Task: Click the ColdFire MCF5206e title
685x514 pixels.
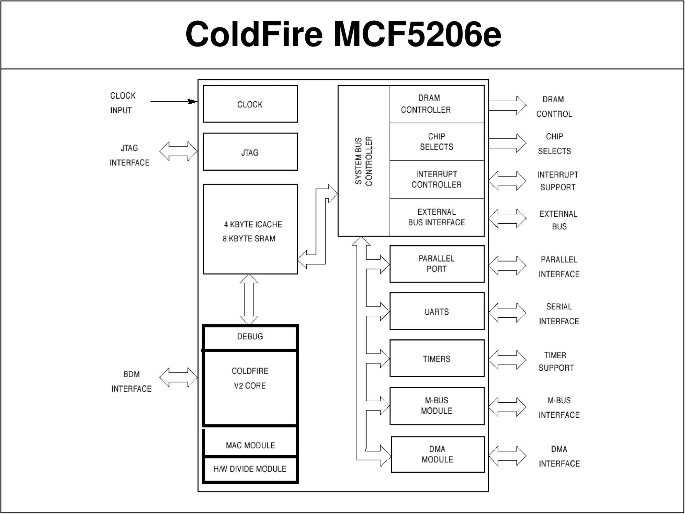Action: (343, 34)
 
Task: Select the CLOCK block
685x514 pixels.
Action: (250, 104)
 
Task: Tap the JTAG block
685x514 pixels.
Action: (250, 152)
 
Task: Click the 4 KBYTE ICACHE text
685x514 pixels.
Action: (253, 224)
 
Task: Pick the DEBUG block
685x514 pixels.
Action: (250, 337)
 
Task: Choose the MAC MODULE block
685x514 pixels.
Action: (250, 445)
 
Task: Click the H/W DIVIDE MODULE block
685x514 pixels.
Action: (250, 469)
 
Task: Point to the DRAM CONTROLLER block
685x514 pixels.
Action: (436, 104)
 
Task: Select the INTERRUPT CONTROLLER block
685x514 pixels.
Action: (436, 179)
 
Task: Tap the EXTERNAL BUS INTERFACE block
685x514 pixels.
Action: (436, 217)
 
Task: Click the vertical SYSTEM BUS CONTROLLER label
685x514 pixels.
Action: (364, 161)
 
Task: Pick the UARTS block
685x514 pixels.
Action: (436, 311)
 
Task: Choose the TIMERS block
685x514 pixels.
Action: (436, 358)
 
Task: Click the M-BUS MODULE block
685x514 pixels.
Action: (436, 406)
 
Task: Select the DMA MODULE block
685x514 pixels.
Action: (437, 454)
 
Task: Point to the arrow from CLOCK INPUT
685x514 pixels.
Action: (174, 101)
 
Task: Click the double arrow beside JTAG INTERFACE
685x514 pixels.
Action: (178, 151)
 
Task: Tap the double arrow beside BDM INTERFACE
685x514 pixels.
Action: (178, 378)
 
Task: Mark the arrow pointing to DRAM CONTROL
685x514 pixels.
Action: (507, 105)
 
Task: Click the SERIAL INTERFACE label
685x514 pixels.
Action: (559, 314)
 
